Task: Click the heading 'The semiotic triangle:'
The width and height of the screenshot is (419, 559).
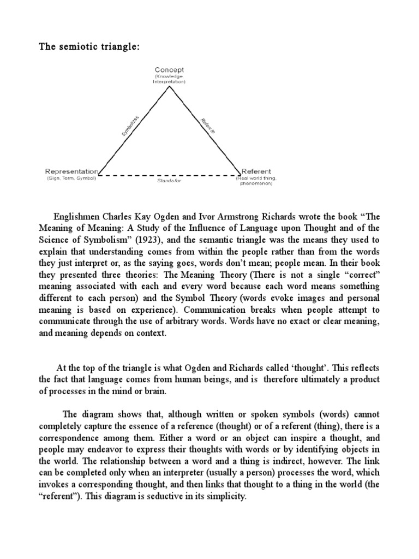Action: point(89,46)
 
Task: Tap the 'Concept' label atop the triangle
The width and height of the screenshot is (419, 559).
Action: point(169,70)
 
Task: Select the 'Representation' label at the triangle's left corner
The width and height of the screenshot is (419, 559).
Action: point(73,171)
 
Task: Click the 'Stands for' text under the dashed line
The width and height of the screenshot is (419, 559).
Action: point(169,180)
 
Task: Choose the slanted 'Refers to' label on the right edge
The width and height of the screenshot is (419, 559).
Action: point(208,124)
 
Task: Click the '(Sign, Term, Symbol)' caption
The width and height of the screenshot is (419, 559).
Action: point(71,178)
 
